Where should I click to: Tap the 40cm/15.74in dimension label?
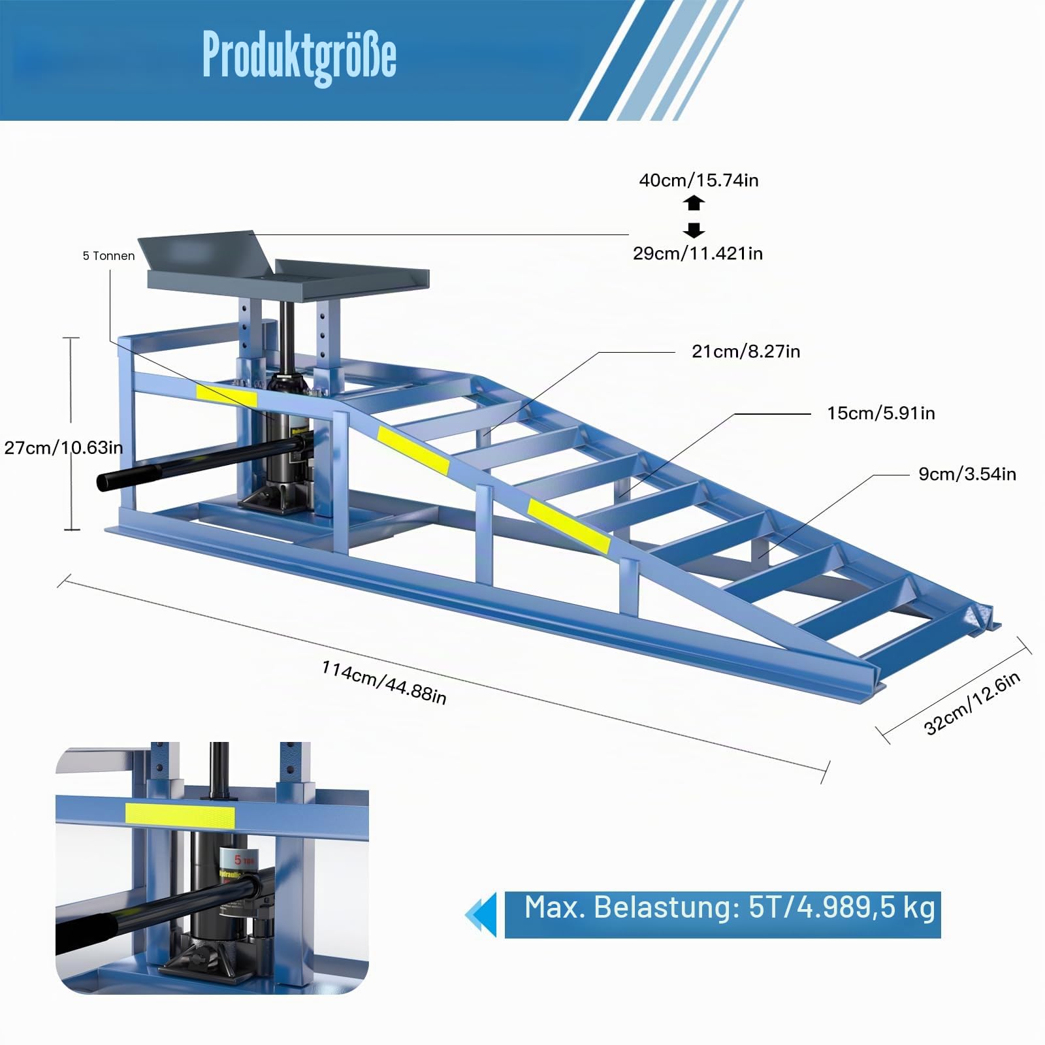[699, 180]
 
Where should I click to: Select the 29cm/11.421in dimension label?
[698, 253]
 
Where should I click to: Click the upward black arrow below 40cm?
[694, 203]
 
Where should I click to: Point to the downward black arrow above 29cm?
[694, 230]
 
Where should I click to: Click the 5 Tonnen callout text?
[108, 256]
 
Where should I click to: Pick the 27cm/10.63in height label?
[63, 448]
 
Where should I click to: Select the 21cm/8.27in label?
[746, 352]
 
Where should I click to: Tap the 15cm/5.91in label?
[881, 413]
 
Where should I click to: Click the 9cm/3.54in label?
[967, 474]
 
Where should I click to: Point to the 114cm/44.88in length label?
[384, 683]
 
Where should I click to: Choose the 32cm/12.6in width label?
[972, 704]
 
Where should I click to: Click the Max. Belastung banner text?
[730, 908]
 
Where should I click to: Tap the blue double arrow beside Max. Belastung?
[481, 914]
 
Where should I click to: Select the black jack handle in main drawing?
[196, 462]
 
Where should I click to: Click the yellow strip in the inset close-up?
[180, 815]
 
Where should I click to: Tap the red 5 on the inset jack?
[238, 860]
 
